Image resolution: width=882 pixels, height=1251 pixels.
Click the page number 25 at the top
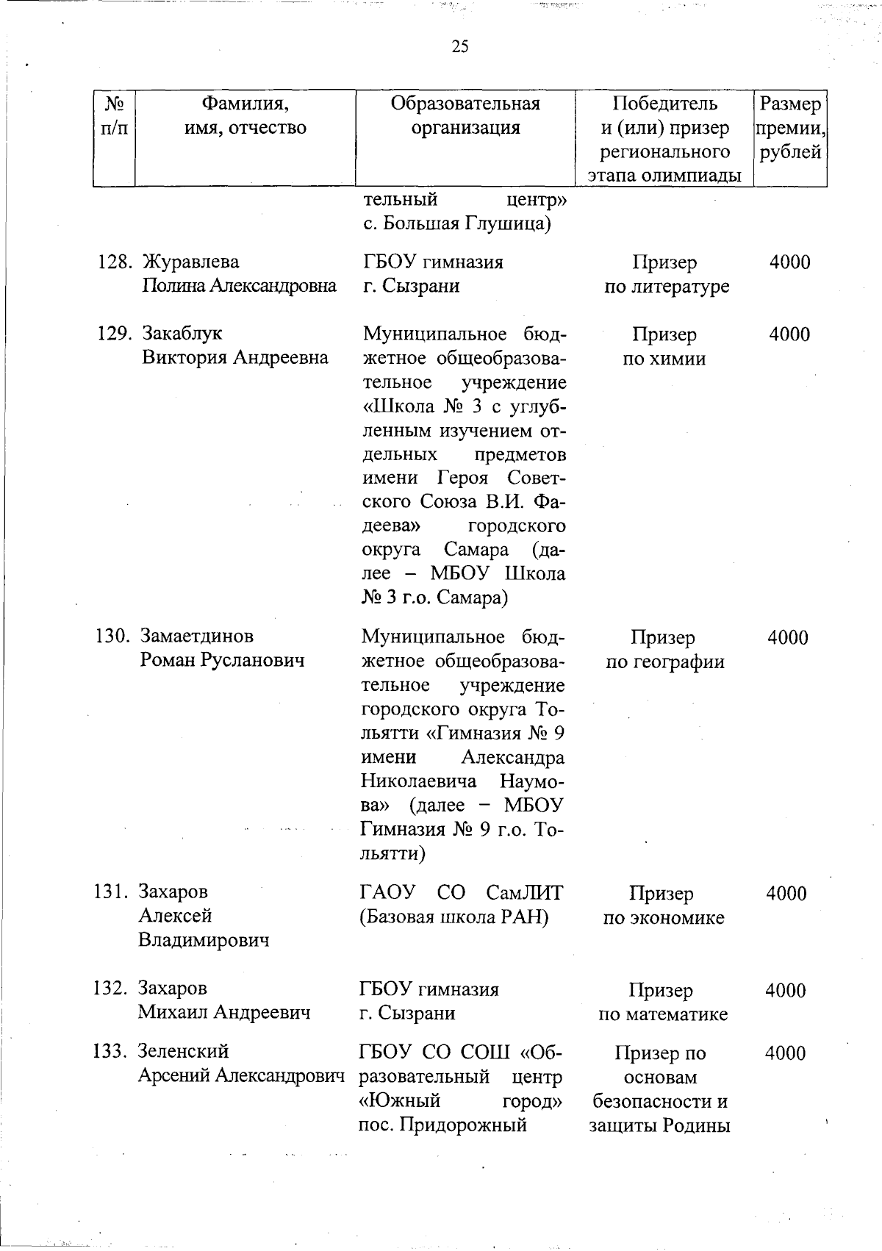point(460,48)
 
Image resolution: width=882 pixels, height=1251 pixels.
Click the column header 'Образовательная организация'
point(465,115)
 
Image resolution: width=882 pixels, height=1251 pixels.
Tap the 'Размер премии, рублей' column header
point(790,128)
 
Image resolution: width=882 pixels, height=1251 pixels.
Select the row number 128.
point(114,262)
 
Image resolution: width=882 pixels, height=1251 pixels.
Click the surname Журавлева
point(190,262)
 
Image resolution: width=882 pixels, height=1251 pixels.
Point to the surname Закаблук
point(182,334)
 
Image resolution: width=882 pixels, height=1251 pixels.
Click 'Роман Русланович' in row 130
point(222,660)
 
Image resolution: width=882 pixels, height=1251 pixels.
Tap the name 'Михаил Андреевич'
point(224,1012)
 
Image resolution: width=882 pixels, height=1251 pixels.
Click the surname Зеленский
point(183,1051)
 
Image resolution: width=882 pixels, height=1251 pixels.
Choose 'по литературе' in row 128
point(666,287)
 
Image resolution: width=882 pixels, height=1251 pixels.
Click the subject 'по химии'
point(664,359)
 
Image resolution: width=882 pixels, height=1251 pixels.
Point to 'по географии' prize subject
point(664,662)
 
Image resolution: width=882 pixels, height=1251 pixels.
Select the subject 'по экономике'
point(663,918)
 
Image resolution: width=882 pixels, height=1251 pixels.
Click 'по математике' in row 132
point(662,1014)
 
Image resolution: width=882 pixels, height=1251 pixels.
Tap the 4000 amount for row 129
point(789,334)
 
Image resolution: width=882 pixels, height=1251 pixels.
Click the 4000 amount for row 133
point(785,1053)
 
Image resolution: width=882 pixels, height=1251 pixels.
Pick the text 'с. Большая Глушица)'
point(458,223)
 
